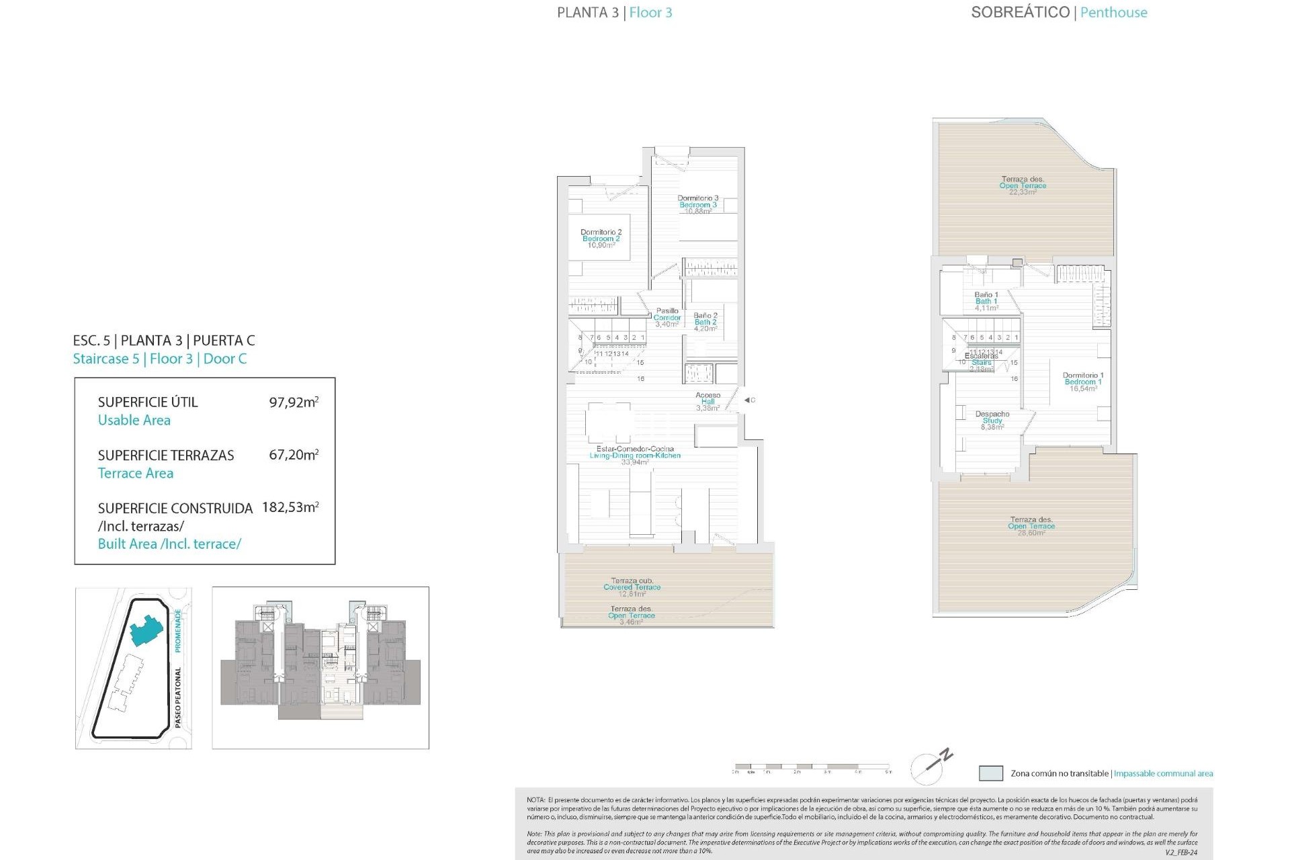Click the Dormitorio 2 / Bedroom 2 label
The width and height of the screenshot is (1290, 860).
click(x=601, y=239)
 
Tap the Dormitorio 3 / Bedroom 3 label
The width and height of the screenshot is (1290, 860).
click(x=697, y=204)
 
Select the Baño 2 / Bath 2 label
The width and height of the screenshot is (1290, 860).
click(x=705, y=322)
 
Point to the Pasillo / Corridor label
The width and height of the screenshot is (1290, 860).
click(x=667, y=317)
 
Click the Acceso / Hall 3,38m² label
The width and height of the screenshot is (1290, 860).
click(x=707, y=401)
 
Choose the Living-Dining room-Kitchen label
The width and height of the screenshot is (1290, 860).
click(x=635, y=455)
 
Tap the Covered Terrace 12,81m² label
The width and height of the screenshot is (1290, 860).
click(x=632, y=587)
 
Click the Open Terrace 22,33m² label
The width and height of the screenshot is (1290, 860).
click(x=1023, y=185)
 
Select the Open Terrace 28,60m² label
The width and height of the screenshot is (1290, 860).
click(x=1031, y=525)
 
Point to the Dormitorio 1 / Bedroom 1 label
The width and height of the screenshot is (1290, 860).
click(x=1082, y=382)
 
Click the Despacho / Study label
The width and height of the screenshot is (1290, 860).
click(x=992, y=420)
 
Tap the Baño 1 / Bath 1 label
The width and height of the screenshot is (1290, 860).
click(x=986, y=301)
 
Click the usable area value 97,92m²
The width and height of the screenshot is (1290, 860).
click(x=294, y=402)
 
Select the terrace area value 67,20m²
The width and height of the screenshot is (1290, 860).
click(x=294, y=455)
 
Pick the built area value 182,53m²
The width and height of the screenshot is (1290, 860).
click(x=290, y=507)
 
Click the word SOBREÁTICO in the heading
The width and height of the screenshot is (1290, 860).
click(x=1020, y=12)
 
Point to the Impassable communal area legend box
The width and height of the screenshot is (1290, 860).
click(x=990, y=773)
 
